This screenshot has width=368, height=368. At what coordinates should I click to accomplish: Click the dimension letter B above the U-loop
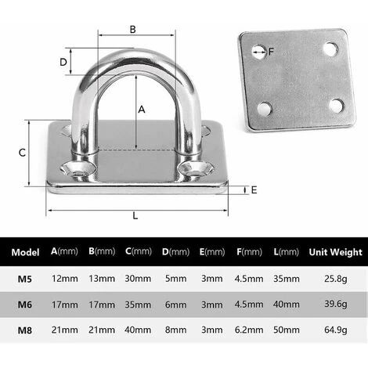pyautogui.click(x=133, y=30)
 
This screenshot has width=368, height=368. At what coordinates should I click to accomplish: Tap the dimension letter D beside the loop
pyautogui.click(x=63, y=62)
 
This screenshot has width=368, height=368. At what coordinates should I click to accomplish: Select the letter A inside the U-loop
pyautogui.click(x=142, y=110)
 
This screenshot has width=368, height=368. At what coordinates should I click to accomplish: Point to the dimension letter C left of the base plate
pyautogui.click(x=22, y=153)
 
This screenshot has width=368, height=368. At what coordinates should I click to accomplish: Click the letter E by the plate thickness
pyautogui.click(x=254, y=190)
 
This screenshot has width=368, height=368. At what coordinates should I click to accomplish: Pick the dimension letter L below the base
pyautogui.click(x=135, y=216)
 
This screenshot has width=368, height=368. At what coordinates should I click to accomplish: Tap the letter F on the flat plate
pyautogui.click(x=271, y=52)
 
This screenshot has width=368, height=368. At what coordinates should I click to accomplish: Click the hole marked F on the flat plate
pyautogui.click(x=259, y=52)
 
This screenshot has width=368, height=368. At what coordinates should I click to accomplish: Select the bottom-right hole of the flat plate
pyautogui.click(x=336, y=106)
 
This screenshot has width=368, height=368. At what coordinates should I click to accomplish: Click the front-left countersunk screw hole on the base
pyautogui.click(x=78, y=169)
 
